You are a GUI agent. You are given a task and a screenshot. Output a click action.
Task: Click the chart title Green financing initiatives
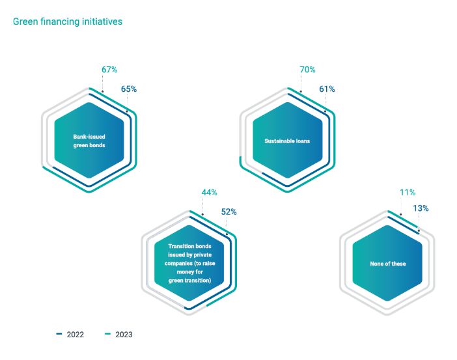click(68, 21)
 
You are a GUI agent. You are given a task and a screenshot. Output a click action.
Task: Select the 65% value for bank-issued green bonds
click(129, 89)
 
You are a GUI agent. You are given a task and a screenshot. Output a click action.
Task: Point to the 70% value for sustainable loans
click(307, 70)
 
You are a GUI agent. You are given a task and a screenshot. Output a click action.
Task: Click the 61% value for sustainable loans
click(327, 89)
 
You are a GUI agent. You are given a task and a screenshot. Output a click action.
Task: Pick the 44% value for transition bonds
click(209, 193)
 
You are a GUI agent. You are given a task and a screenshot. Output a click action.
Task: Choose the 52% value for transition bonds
click(228, 212)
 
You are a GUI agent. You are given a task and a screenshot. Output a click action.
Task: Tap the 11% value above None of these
click(408, 193)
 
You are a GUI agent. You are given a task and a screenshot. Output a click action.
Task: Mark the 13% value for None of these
click(421, 209)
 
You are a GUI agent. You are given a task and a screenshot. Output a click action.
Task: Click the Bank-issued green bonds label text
click(89, 141)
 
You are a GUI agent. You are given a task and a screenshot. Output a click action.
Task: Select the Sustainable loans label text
click(287, 141)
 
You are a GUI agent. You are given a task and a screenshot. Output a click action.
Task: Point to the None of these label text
click(387, 264)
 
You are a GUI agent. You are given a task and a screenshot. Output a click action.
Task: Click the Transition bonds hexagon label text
click(189, 264)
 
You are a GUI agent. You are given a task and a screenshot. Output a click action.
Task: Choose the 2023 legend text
click(124, 335)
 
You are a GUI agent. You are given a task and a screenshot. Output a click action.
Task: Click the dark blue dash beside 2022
click(59, 335)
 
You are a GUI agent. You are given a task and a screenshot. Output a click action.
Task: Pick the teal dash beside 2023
click(108, 335)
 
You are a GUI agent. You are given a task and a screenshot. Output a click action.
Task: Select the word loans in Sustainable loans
click(301, 141)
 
